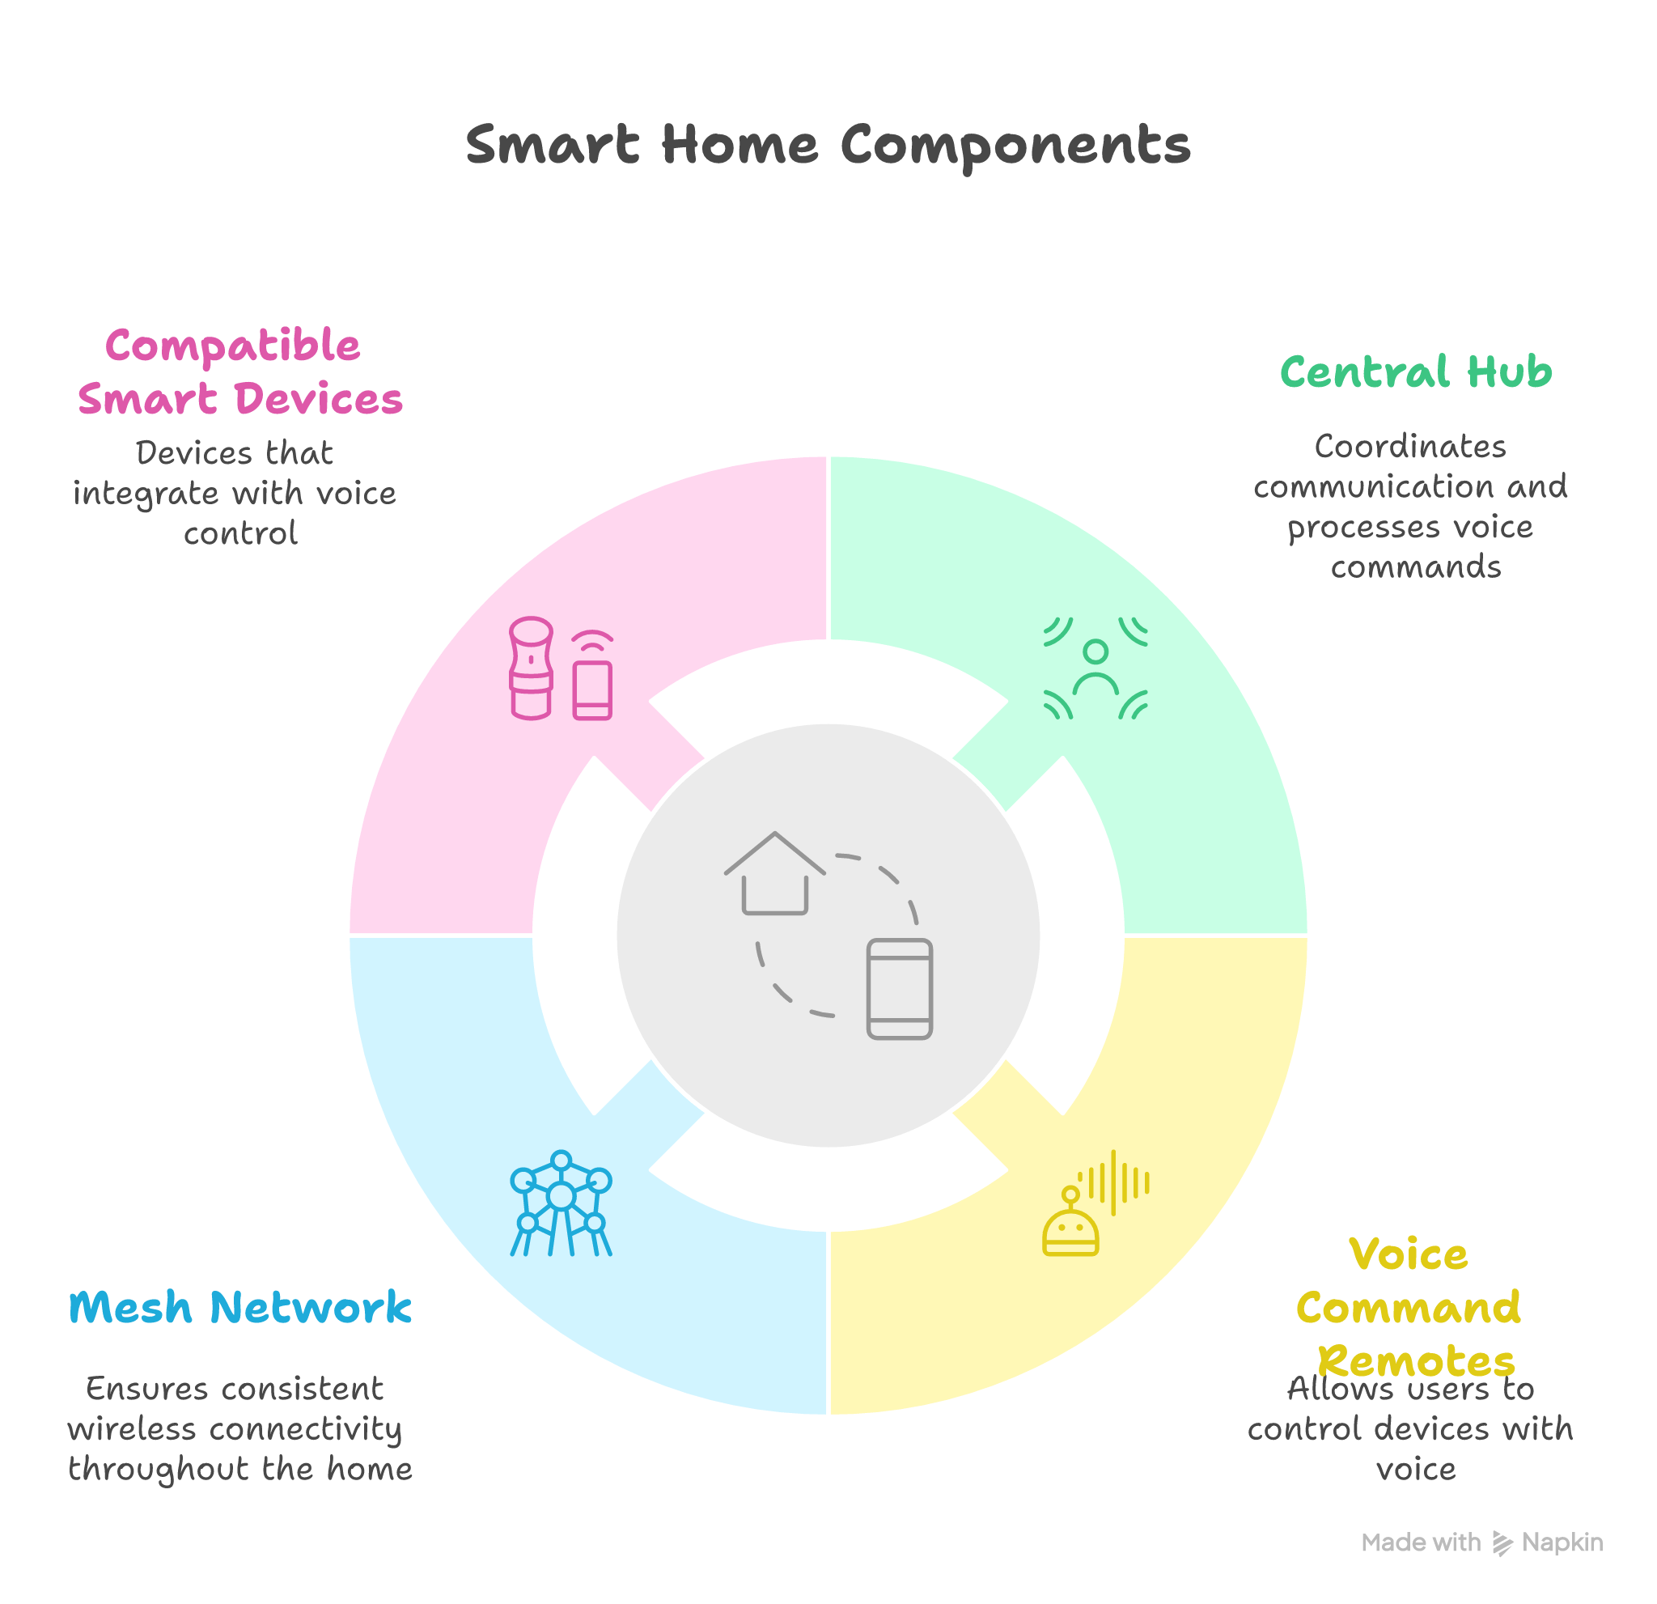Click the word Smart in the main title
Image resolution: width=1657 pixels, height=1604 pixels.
[552, 145]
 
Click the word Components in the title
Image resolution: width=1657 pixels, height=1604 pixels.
[1015, 146]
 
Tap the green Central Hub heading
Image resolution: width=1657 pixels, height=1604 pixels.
[1416, 372]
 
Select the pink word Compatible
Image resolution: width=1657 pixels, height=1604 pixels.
[232, 346]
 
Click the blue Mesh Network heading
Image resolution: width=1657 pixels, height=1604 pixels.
[240, 1308]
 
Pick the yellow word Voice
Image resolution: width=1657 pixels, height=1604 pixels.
[1409, 1254]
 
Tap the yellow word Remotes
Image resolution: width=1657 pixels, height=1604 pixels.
[1416, 1361]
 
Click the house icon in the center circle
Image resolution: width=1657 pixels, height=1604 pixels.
[774, 874]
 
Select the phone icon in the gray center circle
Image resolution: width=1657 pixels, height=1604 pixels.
[900, 988]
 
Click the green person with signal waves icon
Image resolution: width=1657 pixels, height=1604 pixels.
[1095, 668]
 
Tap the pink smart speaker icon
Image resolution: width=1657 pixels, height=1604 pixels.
[531, 668]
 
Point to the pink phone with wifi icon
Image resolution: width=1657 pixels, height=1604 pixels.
[592, 677]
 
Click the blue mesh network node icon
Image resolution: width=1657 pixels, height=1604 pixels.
[561, 1203]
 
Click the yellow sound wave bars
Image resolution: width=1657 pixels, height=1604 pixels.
[1115, 1182]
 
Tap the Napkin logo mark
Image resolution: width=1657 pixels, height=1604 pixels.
[1502, 1543]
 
